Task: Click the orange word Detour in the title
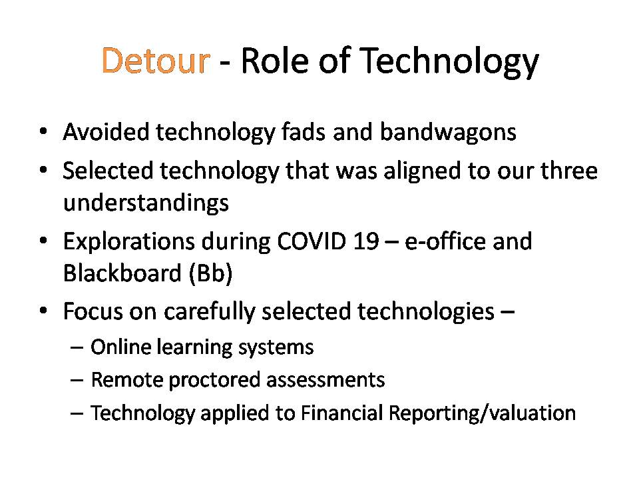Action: click(x=156, y=61)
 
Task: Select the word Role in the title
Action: click(x=275, y=61)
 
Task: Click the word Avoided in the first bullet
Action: click(x=106, y=132)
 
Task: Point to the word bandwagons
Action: click(x=448, y=132)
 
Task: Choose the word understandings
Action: click(x=146, y=203)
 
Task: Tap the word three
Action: click(x=569, y=170)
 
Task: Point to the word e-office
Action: click(x=445, y=241)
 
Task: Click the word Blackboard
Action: click(x=122, y=273)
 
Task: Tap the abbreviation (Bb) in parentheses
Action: click(x=211, y=273)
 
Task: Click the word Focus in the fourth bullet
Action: click(x=93, y=311)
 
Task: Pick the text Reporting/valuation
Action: click(x=482, y=413)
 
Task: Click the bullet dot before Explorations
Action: click(x=43, y=241)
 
